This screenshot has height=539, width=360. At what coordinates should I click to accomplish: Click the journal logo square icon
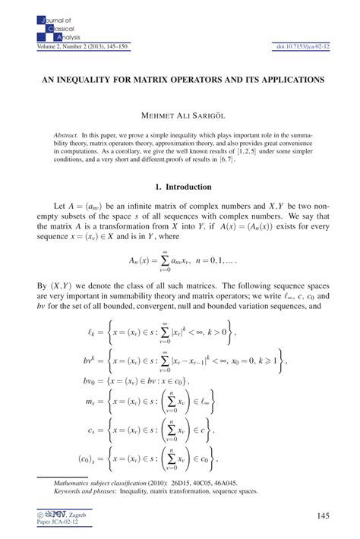click(42, 30)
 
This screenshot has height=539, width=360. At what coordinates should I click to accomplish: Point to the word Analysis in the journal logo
click(59, 37)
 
